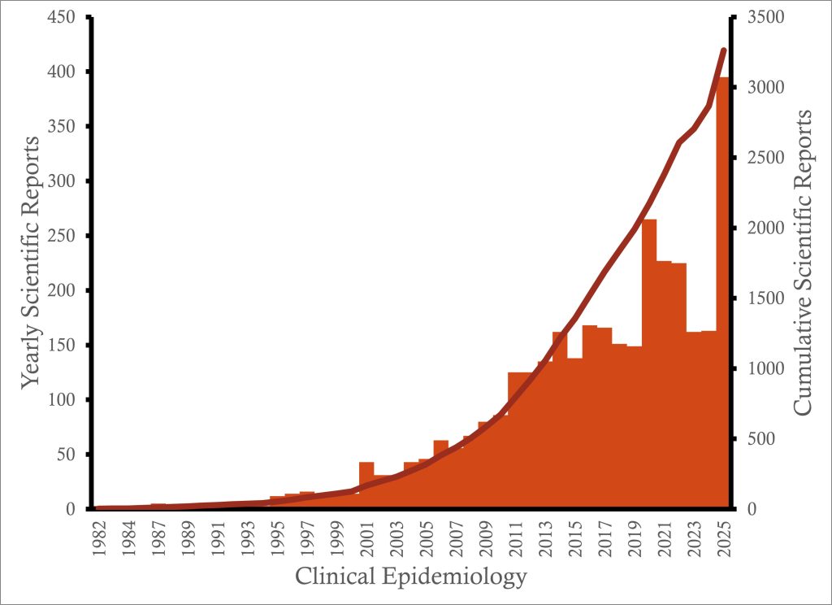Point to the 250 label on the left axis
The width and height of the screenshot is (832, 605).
(70, 236)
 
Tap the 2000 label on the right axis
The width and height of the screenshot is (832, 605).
(760, 228)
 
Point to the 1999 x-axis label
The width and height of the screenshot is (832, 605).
(337, 537)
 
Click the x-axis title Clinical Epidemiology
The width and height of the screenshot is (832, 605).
(411, 577)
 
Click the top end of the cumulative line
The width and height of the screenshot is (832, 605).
(723, 50)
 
